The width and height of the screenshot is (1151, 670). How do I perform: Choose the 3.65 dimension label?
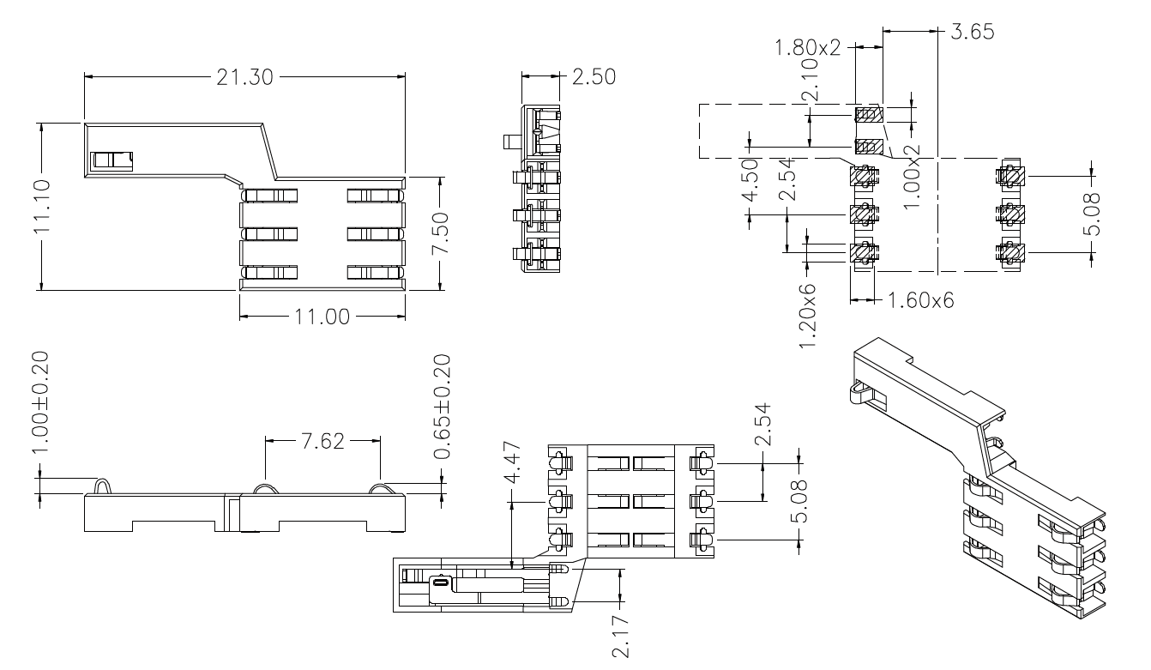click(973, 33)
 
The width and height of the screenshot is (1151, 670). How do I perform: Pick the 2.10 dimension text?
click(809, 88)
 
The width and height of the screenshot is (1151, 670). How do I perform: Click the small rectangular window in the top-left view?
click(112, 160)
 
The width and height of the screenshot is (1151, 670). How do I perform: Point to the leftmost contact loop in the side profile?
click(101, 486)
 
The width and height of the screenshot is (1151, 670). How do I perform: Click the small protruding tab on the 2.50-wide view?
click(508, 142)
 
